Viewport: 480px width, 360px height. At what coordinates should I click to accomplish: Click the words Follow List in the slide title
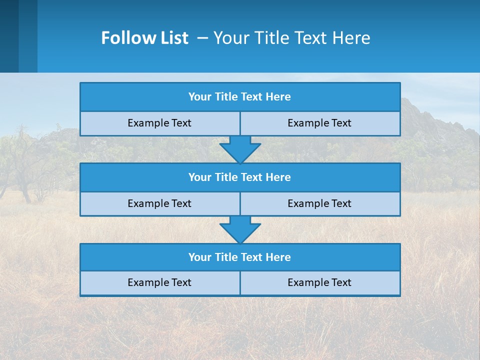click(144, 38)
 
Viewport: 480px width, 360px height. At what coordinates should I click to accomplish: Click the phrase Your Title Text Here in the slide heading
click(291, 38)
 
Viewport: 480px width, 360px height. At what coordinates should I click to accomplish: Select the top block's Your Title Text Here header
click(239, 97)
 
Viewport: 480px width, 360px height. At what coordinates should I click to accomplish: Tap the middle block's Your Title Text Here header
click(239, 177)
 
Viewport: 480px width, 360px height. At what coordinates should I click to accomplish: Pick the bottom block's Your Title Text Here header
click(239, 257)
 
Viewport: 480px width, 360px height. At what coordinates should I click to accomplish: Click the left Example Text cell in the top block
click(159, 123)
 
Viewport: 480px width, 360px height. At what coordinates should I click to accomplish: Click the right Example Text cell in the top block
click(319, 123)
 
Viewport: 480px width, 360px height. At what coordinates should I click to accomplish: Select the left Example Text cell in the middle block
click(159, 203)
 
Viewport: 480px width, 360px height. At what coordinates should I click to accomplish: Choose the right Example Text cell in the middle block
click(319, 203)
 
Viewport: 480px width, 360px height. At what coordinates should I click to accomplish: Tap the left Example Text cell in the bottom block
click(159, 282)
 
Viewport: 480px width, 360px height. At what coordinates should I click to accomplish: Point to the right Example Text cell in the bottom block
click(319, 282)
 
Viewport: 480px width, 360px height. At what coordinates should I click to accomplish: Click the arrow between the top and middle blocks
click(240, 149)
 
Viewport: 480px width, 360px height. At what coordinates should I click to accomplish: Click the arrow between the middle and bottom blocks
click(240, 229)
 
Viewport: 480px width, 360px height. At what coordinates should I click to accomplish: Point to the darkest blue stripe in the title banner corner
click(9, 36)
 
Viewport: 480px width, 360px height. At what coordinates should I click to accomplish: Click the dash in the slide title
click(202, 38)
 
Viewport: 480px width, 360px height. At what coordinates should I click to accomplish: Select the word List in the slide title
click(174, 38)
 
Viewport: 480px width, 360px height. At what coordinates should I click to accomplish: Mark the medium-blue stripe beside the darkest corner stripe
click(28, 36)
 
